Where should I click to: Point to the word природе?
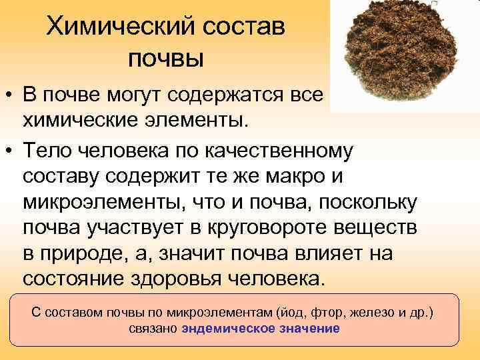tap(86, 253)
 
